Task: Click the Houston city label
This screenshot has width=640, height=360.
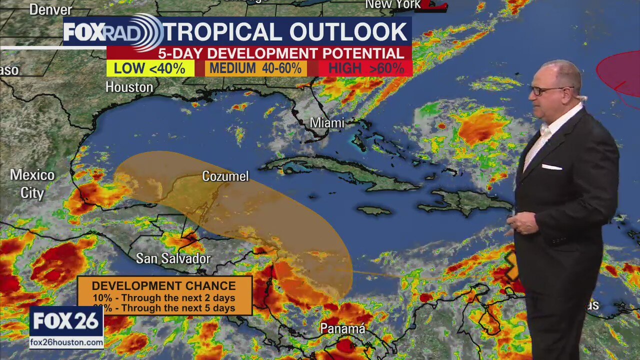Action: click(x=129, y=87)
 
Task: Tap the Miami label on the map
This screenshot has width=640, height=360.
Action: click(x=327, y=122)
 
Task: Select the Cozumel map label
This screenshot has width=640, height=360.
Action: click(x=225, y=176)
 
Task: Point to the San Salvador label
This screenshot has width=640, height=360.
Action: click(x=173, y=258)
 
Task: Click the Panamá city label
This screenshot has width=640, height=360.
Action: click(x=342, y=328)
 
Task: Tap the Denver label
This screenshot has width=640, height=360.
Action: click(x=50, y=9)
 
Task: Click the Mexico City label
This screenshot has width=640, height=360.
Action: click(x=32, y=184)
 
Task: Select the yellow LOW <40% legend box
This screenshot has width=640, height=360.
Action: click(x=150, y=68)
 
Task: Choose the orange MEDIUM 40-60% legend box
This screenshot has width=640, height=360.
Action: click(x=255, y=68)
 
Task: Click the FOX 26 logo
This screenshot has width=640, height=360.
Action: click(x=66, y=321)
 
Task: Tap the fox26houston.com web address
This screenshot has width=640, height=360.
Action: click(x=66, y=342)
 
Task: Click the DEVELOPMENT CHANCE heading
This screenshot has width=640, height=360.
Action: click(x=163, y=286)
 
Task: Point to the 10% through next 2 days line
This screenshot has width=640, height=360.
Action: click(x=163, y=298)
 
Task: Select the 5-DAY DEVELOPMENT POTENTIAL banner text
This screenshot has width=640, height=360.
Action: click(x=281, y=53)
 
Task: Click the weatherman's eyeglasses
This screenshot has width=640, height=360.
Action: click(x=546, y=90)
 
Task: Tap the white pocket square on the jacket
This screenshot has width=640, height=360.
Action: click(x=551, y=167)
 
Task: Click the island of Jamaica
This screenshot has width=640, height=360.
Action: click(x=374, y=211)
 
